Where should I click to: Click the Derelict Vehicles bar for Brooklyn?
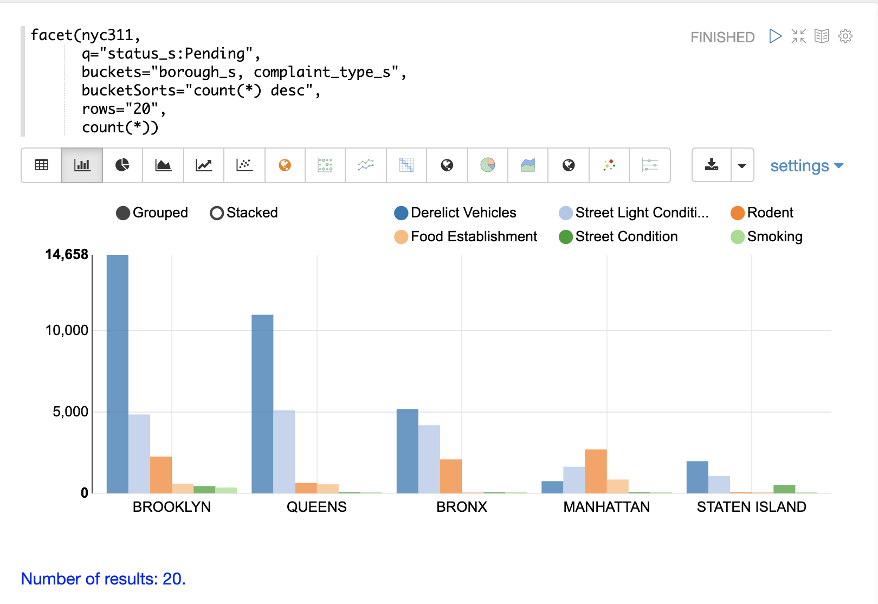coord(118,374)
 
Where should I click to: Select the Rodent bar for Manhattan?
coord(596,471)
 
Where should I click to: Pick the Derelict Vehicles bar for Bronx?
coord(408,451)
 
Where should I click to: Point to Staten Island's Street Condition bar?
coord(784,489)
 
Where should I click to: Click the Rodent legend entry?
coord(762,213)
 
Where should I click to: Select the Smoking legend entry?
coord(767,237)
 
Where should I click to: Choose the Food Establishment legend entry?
coord(466,237)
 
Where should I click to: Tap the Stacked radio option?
coord(244,213)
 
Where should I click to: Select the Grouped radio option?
coord(152,213)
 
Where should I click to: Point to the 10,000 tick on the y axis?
coord(67,331)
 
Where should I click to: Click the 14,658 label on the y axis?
coord(67,255)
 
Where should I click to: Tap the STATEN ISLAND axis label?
coord(751,507)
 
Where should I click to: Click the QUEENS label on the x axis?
coord(317,507)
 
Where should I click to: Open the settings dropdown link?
coord(806,166)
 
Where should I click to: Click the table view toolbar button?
coord(41,165)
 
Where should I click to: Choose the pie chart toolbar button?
coord(122,165)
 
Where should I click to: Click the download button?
coord(712,165)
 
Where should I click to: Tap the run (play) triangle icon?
coord(776,36)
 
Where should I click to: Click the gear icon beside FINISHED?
coord(845,36)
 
